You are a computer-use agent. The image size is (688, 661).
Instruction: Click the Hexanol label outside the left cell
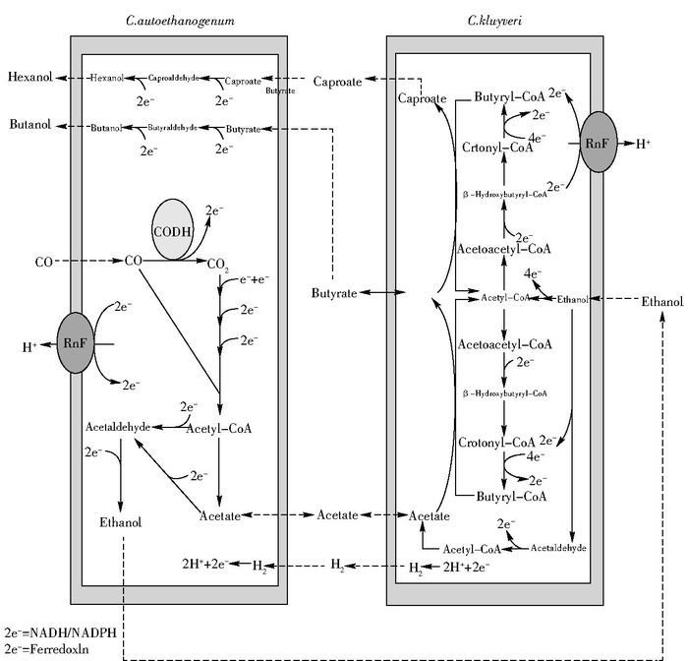point(28,77)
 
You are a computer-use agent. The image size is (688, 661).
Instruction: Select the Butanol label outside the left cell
point(28,126)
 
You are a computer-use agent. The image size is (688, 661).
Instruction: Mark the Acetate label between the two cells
point(336,514)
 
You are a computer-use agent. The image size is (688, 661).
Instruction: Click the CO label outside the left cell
point(43,262)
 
